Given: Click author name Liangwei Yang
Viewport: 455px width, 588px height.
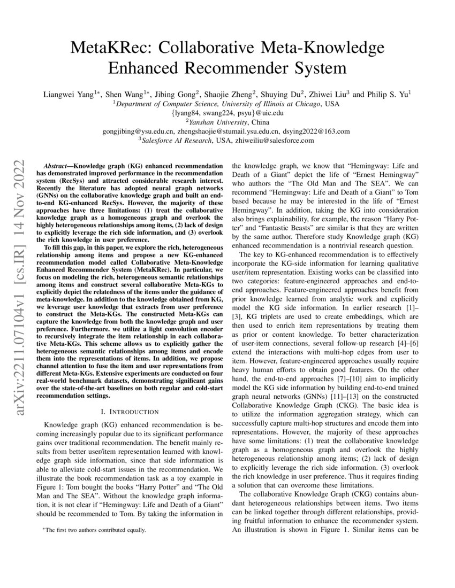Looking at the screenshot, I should tap(69, 94).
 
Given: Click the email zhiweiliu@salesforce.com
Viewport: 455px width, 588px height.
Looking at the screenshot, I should tap(268, 140).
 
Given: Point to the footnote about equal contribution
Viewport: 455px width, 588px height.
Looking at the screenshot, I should tap(94, 530).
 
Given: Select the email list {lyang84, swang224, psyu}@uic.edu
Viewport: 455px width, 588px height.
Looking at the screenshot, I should tap(227, 113).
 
